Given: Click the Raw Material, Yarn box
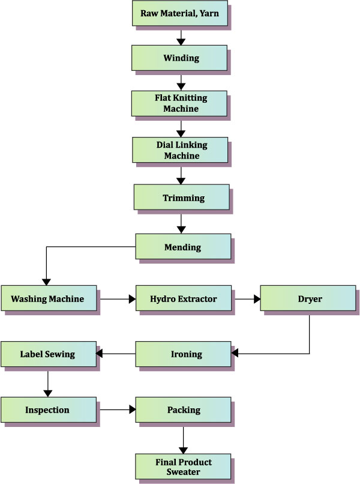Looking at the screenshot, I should (180, 13).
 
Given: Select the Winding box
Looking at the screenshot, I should (180, 58).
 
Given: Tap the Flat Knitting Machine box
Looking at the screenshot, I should (180, 103).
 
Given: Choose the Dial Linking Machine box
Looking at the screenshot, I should (181, 150).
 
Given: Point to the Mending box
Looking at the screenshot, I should (183, 247).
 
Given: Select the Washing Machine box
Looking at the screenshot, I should (48, 298).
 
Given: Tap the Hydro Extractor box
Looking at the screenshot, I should (183, 298).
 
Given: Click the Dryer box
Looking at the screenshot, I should (309, 298).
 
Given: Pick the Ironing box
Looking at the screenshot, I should (183, 354).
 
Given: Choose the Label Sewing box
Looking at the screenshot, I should (48, 354).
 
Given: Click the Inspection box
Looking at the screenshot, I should (48, 410).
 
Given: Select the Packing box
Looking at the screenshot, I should (183, 410).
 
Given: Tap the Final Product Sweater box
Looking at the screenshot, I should (183, 467).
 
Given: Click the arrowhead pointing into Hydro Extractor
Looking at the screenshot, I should (132, 298).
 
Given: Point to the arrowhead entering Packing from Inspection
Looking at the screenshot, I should (132, 410).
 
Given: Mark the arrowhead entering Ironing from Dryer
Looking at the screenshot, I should (235, 354).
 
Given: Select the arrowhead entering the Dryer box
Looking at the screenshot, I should (257, 298).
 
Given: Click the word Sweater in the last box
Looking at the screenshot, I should (183, 472).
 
